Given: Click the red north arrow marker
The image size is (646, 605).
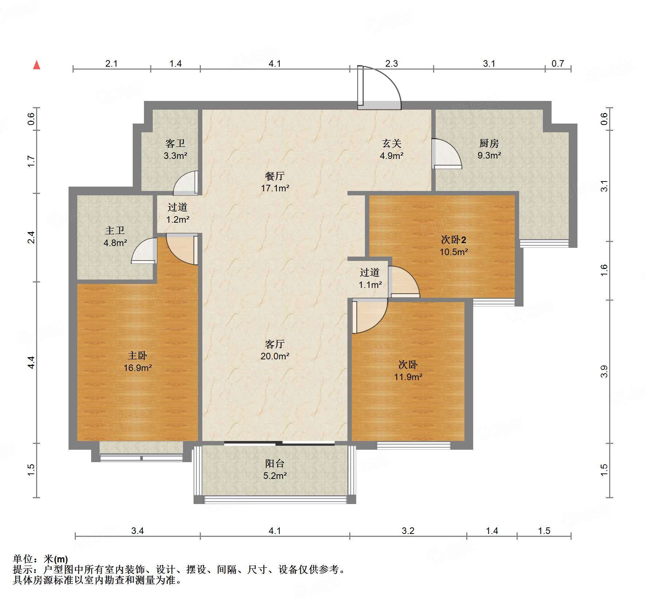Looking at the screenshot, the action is (x=36, y=65).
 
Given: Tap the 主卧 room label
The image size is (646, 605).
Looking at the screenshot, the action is (x=137, y=355).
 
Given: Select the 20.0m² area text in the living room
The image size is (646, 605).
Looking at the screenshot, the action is (x=275, y=356).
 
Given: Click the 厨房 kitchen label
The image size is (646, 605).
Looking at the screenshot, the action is (x=489, y=143).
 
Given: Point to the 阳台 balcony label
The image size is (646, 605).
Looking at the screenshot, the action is (x=275, y=463).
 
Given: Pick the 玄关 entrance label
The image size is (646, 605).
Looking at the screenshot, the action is (x=392, y=143).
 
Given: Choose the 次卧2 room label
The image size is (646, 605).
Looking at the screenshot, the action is (x=454, y=240).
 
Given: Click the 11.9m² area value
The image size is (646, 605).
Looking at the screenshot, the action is (x=408, y=377).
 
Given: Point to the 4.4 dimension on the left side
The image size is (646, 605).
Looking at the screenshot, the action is (x=31, y=362).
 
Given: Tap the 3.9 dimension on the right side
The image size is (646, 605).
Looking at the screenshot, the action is (x=604, y=371).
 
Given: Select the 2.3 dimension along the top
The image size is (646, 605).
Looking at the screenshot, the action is (x=392, y=63).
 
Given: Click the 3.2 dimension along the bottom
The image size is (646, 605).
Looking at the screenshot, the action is (x=408, y=531).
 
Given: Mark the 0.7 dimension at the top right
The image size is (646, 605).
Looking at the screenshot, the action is (x=558, y=63).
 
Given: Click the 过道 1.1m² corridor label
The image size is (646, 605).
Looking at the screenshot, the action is (x=370, y=278).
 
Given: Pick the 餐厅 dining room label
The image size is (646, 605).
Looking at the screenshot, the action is (x=275, y=176).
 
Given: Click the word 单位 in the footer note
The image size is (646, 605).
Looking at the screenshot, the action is (x=23, y=559).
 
